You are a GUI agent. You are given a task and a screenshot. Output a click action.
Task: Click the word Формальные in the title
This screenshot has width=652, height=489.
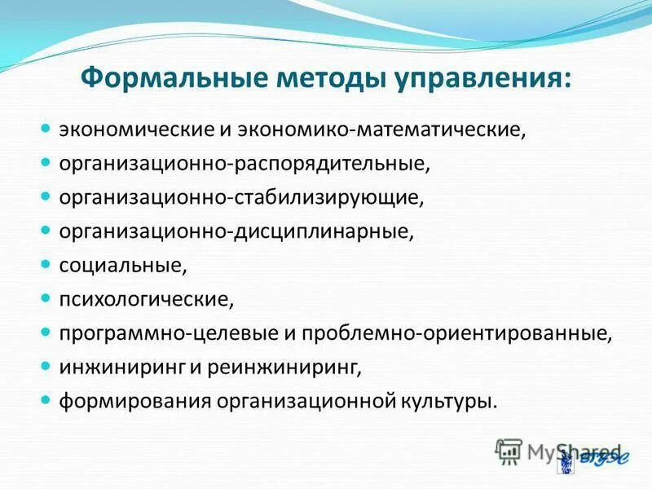pos(174,79)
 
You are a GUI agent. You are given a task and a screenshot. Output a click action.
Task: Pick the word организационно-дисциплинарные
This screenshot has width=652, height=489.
pos(236,232)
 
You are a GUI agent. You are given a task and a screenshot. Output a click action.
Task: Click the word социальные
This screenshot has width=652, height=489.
pos(123,266)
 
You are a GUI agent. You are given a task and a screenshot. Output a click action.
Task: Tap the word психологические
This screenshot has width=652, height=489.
pos(146,300)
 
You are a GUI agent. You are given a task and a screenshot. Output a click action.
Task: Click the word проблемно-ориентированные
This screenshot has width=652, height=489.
pos(456,334)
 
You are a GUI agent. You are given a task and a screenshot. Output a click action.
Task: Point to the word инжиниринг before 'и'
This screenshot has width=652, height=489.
pos(122,368)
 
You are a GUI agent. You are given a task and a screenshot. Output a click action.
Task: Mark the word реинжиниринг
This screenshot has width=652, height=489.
pos(284,368)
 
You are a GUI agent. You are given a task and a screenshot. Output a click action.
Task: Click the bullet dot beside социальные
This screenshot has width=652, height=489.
pos(46,265)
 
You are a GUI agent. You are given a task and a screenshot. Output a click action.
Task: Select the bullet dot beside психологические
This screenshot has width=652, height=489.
pos(46,299)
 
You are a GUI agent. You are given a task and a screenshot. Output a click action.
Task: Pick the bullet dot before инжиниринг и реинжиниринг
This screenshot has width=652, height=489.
pos(46,367)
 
